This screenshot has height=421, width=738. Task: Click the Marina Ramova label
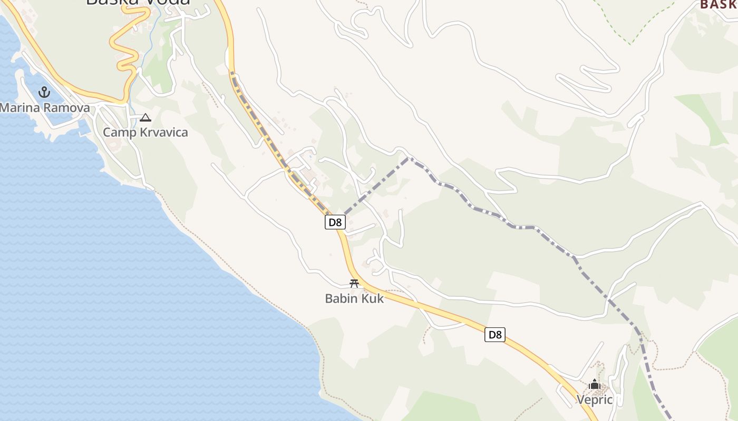(45, 108)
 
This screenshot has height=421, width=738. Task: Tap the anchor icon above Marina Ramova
(44, 93)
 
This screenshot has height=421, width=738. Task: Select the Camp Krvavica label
(145, 132)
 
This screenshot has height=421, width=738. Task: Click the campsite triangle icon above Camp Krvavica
(145, 118)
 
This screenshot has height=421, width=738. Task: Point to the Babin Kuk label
(354, 298)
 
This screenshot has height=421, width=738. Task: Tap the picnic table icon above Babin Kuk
(354, 284)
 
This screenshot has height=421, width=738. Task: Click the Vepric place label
(595, 399)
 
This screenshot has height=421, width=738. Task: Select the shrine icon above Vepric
(595, 385)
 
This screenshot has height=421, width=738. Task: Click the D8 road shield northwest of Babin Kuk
(335, 222)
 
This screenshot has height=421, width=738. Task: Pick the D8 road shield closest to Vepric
(495, 335)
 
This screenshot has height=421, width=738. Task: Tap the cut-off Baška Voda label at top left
(138, 3)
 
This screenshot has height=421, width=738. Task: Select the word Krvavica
(164, 132)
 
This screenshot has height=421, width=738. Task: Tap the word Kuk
(372, 298)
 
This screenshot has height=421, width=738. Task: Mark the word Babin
(341, 298)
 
